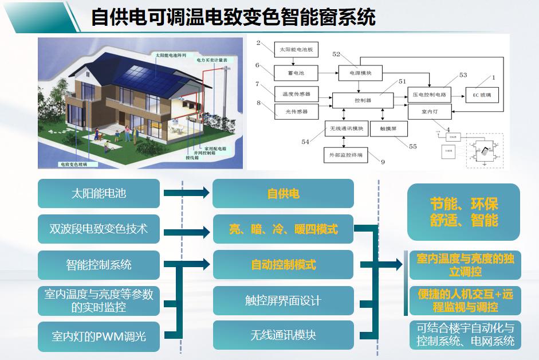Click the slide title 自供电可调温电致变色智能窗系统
tap(233, 17)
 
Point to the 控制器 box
tap(363, 100)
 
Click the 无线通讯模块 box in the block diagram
tap(344, 129)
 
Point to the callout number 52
tap(336, 54)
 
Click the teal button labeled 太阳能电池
tap(99, 194)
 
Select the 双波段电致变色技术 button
tap(99, 229)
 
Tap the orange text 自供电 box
tap(283, 194)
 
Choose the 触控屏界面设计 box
tap(283, 300)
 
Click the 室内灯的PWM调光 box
tap(99, 336)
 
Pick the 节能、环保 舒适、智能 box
tap(463, 212)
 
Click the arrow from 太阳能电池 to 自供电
tap(186, 193)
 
